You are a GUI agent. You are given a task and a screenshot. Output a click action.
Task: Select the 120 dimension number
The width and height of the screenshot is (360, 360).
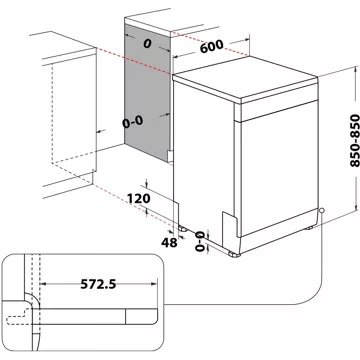(x=141, y=199)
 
